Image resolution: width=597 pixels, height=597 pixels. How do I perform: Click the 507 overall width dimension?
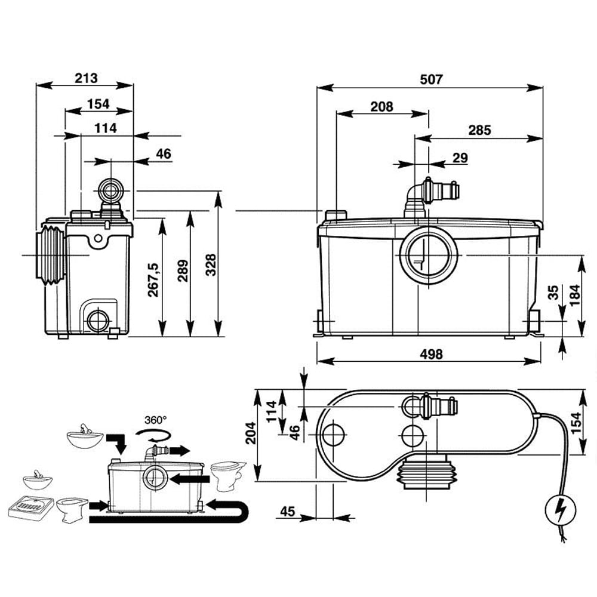430,79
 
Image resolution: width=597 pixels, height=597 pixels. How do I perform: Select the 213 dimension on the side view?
86,78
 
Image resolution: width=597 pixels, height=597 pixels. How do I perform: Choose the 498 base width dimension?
430,354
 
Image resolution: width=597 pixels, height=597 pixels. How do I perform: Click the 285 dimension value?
479,130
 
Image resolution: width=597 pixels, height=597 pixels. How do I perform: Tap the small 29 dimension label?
460,158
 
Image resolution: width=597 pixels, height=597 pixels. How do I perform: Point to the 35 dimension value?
553,292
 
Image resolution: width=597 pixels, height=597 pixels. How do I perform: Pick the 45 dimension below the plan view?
288,511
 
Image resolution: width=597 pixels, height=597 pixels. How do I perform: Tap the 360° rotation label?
155,420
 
